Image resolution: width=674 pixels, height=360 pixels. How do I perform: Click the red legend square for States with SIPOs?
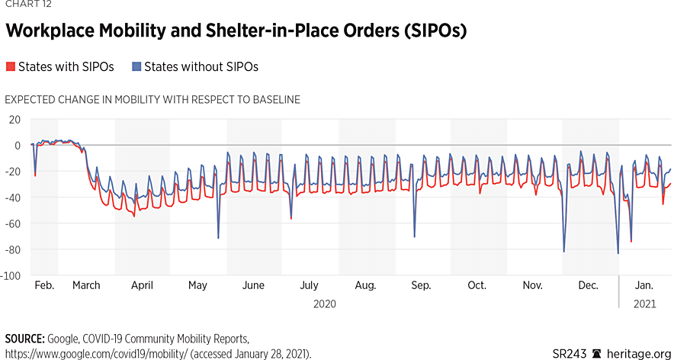coord(10,67)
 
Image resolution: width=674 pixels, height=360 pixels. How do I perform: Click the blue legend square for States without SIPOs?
coord(136,67)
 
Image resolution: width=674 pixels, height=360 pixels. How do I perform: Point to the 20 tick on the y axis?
coord(15,119)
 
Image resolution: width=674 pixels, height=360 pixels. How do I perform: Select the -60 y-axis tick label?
coord(14,223)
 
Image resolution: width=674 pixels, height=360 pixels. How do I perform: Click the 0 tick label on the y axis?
coord(18,145)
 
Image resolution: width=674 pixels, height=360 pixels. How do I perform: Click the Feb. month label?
coord(44,286)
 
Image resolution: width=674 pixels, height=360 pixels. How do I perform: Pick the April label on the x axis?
coord(142,286)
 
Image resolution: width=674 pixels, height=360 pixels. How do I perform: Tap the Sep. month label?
coord(421,286)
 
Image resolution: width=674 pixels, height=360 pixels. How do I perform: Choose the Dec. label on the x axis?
coord(588,286)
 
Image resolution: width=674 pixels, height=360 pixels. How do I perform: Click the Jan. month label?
coord(644,286)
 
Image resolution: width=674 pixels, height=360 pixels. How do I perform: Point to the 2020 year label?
coord(325,304)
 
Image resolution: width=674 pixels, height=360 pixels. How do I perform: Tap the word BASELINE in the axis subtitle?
coord(271,100)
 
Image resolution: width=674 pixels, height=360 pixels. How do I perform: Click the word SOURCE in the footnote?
coord(24,338)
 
